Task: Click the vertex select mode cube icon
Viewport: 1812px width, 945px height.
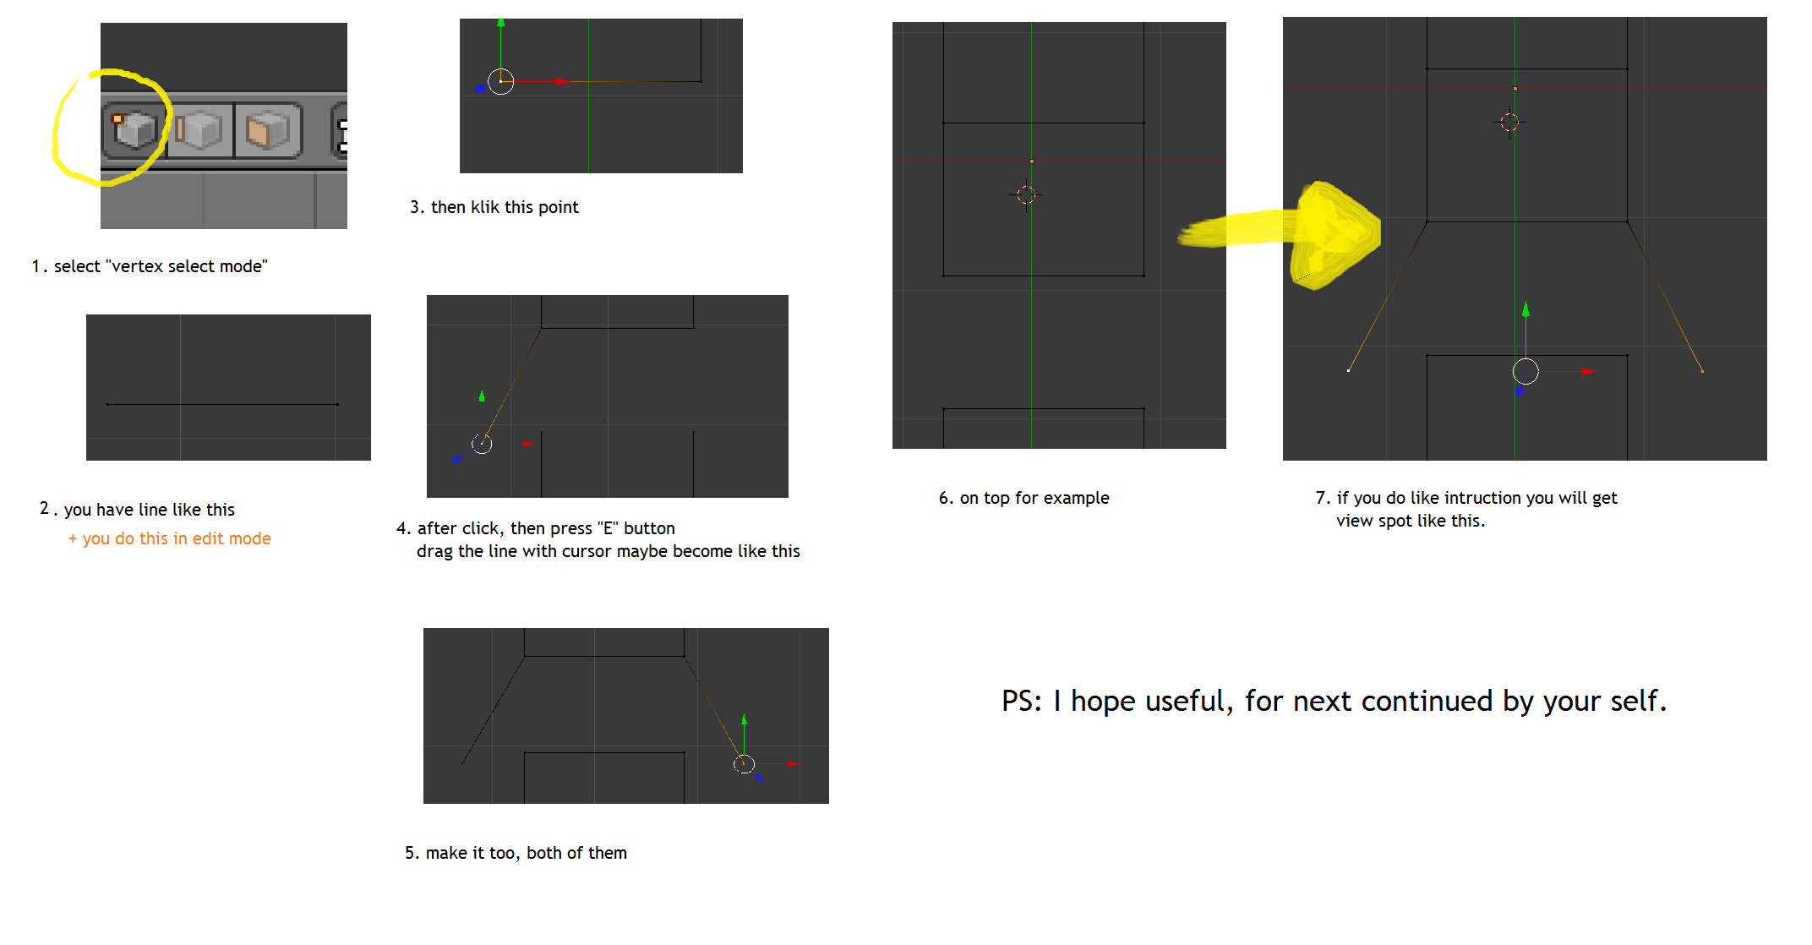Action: pyautogui.click(x=134, y=129)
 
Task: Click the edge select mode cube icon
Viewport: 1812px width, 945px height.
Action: pyautogui.click(x=199, y=130)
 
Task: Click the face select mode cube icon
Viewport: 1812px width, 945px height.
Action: pyautogui.click(x=267, y=130)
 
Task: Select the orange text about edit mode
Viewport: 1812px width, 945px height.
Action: pyautogui.click(x=170, y=538)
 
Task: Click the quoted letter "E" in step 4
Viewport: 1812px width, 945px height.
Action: pyautogui.click(x=606, y=528)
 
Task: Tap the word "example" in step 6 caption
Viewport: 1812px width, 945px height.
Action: pyautogui.click(x=1076, y=499)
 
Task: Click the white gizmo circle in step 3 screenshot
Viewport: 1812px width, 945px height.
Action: pyautogui.click(x=501, y=81)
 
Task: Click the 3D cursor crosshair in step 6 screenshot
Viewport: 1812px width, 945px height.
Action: pyautogui.click(x=1026, y=195)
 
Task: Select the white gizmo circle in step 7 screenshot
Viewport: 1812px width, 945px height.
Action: pyautogui.click(x=1525, y=371)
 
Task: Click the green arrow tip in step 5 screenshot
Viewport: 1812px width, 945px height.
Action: pyautogui.click(x=744, y=718)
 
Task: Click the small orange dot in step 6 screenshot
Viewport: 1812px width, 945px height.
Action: pyautogui.click(x=1032, y=161)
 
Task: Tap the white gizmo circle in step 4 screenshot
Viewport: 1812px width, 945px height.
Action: pyautogui.click(x=482, y=444)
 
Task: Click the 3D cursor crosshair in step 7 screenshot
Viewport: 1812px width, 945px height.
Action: pyautogui.click(x=1509, y=123)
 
